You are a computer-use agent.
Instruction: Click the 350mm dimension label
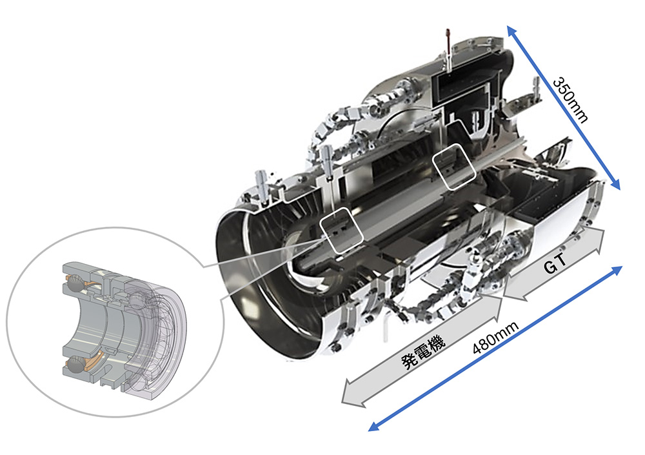point(570,100)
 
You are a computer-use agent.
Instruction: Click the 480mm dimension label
point(495,338)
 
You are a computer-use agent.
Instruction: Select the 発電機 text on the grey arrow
point(423,351)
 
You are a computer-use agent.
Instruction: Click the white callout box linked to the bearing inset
point(341,230)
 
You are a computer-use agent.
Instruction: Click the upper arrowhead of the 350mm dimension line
point(511,30)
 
